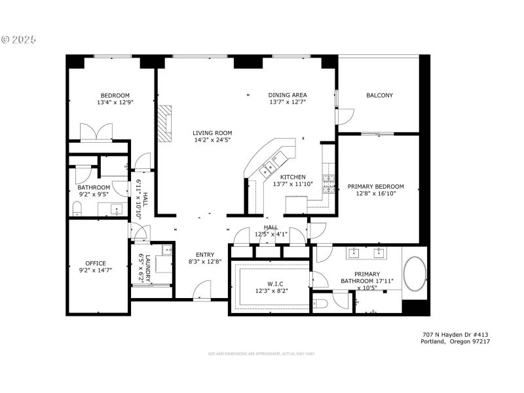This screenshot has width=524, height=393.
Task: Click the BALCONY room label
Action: [x=379, y=96]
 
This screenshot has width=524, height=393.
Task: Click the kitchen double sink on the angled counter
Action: [x=268, y=170]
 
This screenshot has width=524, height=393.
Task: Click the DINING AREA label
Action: [x=288, y=95]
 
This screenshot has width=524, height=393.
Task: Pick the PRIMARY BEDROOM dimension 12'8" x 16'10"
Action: [x=375, y=194]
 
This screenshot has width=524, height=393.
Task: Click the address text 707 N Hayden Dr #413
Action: [x=456, y=334]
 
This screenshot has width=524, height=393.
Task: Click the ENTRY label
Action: [x=206, y=255]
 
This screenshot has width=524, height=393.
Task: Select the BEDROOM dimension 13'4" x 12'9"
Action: [x=115, y=102]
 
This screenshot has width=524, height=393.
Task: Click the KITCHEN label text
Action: [x=293, y=177]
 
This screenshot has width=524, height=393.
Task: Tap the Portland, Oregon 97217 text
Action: [x=456, y=341]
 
